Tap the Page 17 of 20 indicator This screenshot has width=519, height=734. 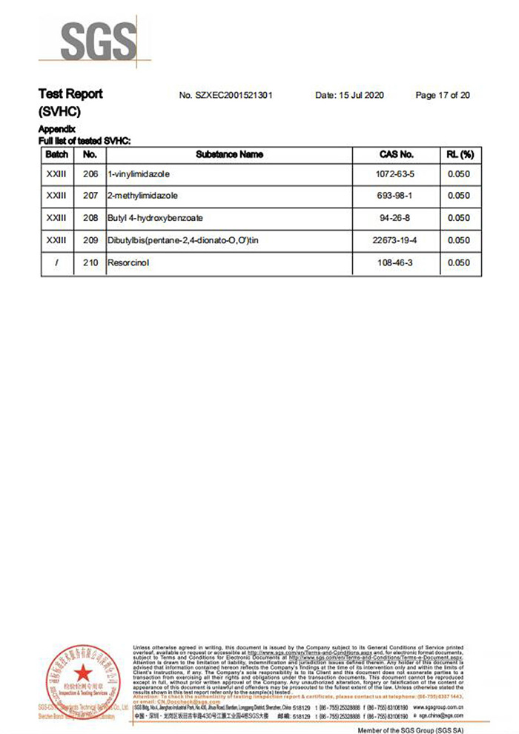pyautogui.click(x=443, y=96)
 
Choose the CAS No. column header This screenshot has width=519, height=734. pyautogui.click(x=396, y=155)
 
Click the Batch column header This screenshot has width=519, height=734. pyautogui.click(x=57, y=155)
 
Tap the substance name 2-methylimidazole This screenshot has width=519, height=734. pyautogui.click(x=142, y=196)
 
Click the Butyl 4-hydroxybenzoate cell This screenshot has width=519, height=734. pyautogui.click(x=156, y=219)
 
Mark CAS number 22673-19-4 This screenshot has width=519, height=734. pyautogui.click(x=396, y=241)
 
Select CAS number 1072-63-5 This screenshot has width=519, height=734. pyautogui.click(x=396, y=174)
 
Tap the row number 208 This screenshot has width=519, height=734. pyautogui.click(x=90, y=219)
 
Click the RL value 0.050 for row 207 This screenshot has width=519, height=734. pyautogui.click(x=460, y=196)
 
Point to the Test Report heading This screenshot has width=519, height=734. pyautogui.click(x=70, y=94)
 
